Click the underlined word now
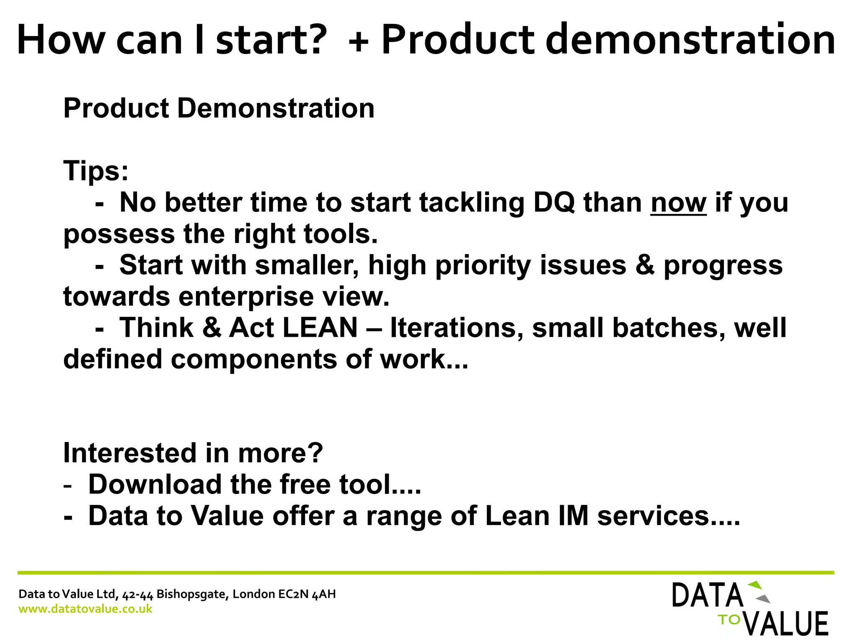(678, 203)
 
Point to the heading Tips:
(96, 171)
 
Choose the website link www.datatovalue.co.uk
(85, 609)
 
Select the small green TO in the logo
(729, 620)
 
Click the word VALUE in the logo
(786, 624)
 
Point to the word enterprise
(246, 296)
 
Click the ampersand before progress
(645, 265)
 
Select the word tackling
(472, 203)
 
